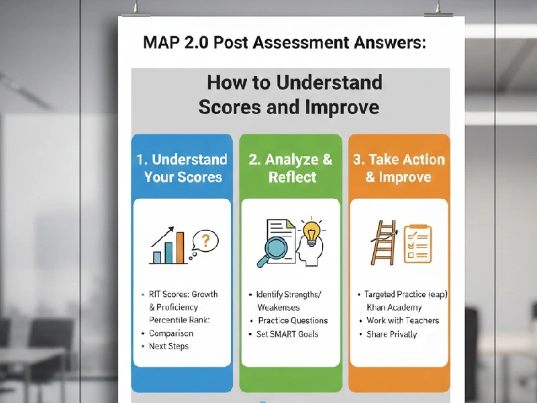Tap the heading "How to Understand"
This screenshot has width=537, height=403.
[294, 83]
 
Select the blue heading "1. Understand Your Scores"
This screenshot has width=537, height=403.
[182, 168]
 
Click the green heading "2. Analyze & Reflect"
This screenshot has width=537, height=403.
[291, 168]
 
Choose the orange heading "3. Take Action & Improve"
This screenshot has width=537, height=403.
[399, 168]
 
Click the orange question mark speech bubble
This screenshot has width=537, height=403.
[205, 240]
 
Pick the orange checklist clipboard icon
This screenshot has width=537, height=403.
[417, 244]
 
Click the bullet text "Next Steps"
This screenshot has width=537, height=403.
[168, 347]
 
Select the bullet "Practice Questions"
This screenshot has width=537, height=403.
[293, 320]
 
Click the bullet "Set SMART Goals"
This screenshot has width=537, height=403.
[287, 334]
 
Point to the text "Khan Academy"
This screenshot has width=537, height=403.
[395, 307]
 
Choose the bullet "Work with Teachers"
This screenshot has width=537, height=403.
[403, 320]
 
